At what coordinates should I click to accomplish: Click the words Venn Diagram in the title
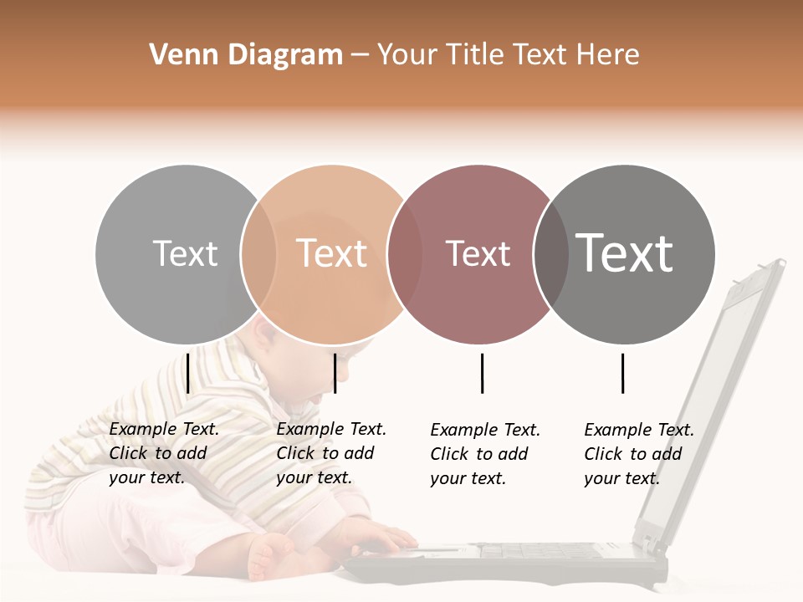246,55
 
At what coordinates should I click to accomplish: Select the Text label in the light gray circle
185,253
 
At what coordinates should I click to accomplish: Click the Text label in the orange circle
332,253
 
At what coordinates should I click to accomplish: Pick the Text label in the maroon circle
478,253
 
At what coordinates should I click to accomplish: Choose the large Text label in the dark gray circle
625,253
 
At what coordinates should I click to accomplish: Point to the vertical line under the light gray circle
188,373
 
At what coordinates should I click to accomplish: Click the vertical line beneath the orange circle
335,373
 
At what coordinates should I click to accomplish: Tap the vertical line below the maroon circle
482,373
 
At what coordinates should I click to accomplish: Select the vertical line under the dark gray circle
622,373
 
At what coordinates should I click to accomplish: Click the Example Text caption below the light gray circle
164,453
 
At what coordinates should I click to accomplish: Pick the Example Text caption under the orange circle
331,453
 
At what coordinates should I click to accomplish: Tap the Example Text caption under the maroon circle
485,454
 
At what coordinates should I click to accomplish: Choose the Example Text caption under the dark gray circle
639,454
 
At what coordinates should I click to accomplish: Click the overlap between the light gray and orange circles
258,253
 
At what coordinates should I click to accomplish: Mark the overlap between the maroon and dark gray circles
550,253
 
